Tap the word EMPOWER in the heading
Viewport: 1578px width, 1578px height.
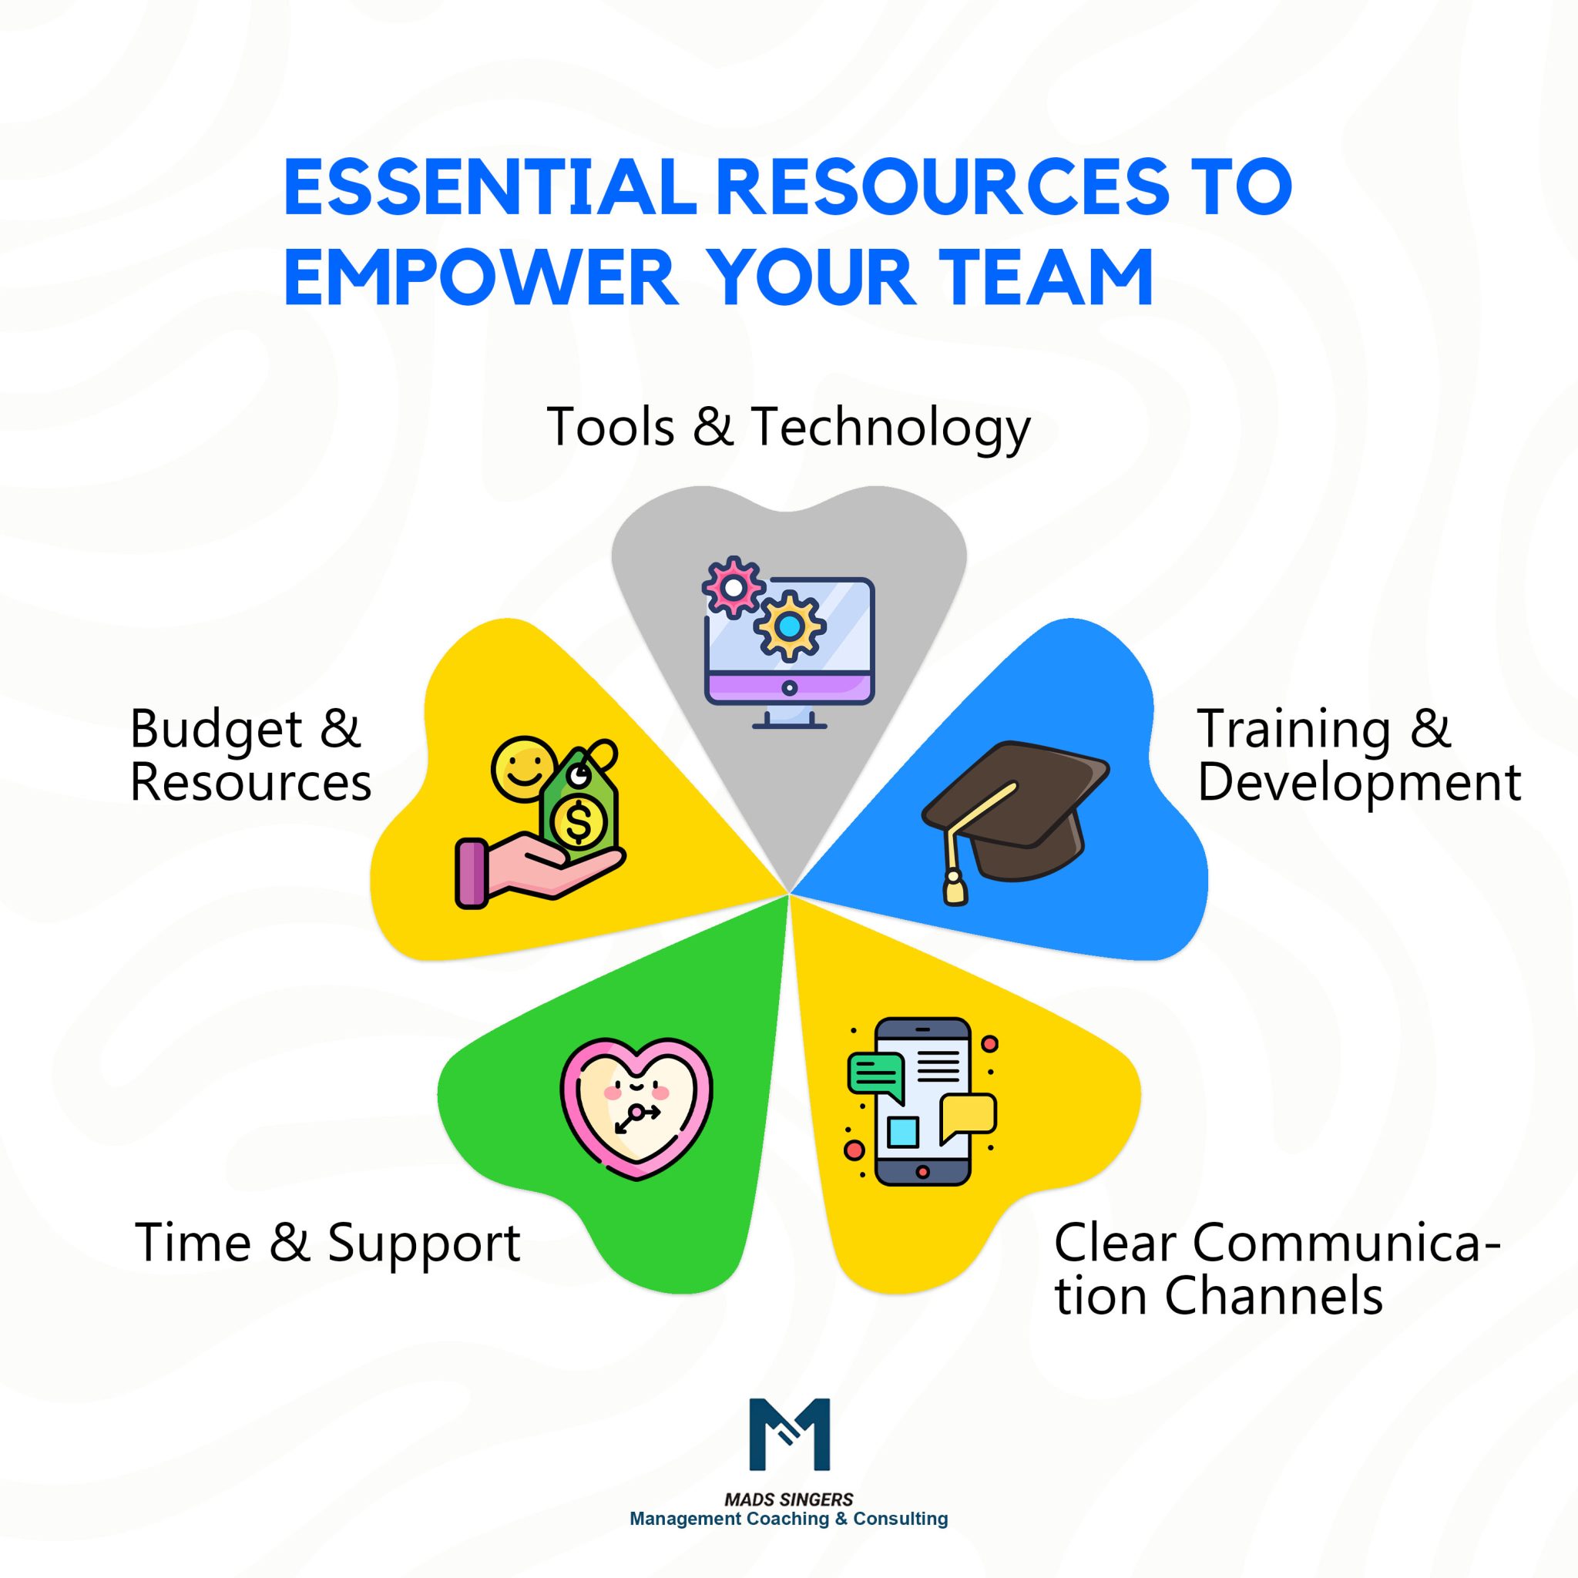click(x=481, y=277)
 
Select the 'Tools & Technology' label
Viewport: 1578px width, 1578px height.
click(x=788, y=426)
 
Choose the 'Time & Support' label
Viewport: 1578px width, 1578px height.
click(x=327, y=1242)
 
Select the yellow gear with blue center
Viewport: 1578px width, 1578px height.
click(x=789, y=626)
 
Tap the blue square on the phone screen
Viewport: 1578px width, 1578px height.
click(x=902, y=1132)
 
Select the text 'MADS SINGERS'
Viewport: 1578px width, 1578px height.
click(x=788, y=1499)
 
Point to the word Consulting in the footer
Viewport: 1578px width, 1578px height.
click(x=900, y=1519)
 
